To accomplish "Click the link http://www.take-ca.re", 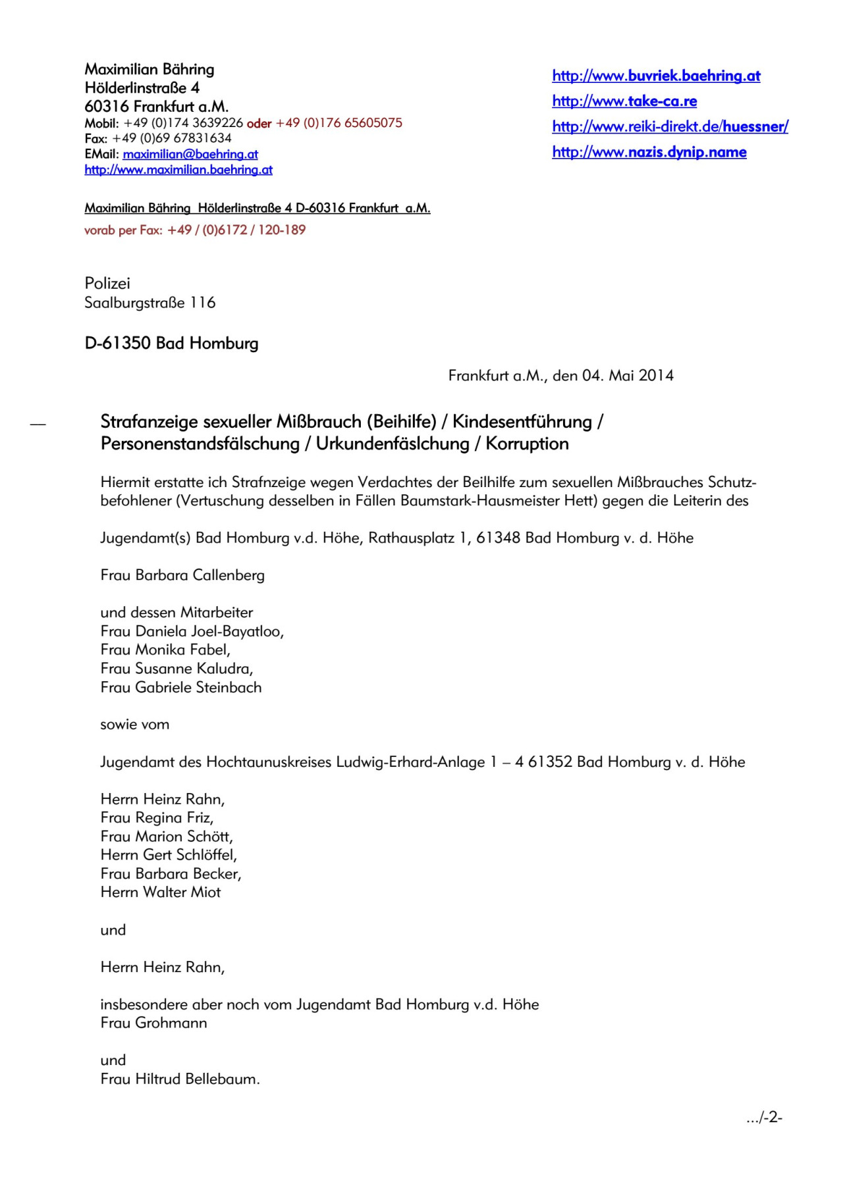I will point(624,101).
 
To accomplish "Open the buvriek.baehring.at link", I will point(656,76).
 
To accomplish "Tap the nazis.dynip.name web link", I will point(649,152).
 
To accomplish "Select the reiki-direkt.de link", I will point(670,126).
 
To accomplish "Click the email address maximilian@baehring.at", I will point(190,154).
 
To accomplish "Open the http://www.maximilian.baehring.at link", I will point(178,170).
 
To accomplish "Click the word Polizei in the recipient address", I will point(107,283).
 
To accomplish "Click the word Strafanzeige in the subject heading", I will point(149,421).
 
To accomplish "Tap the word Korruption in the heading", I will point(527,444).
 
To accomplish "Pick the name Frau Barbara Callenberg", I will point(182,575).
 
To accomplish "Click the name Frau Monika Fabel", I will point(165,650).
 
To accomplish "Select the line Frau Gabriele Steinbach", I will point(181,687).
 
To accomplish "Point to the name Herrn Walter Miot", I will point(161,893).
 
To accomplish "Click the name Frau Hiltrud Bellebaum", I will point(180,1079).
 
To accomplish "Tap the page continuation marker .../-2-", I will point(764,1117).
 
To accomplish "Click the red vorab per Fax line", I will point(195,230).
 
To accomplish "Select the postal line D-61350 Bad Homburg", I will point(171,343).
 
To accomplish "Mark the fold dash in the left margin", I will point(38,425).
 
